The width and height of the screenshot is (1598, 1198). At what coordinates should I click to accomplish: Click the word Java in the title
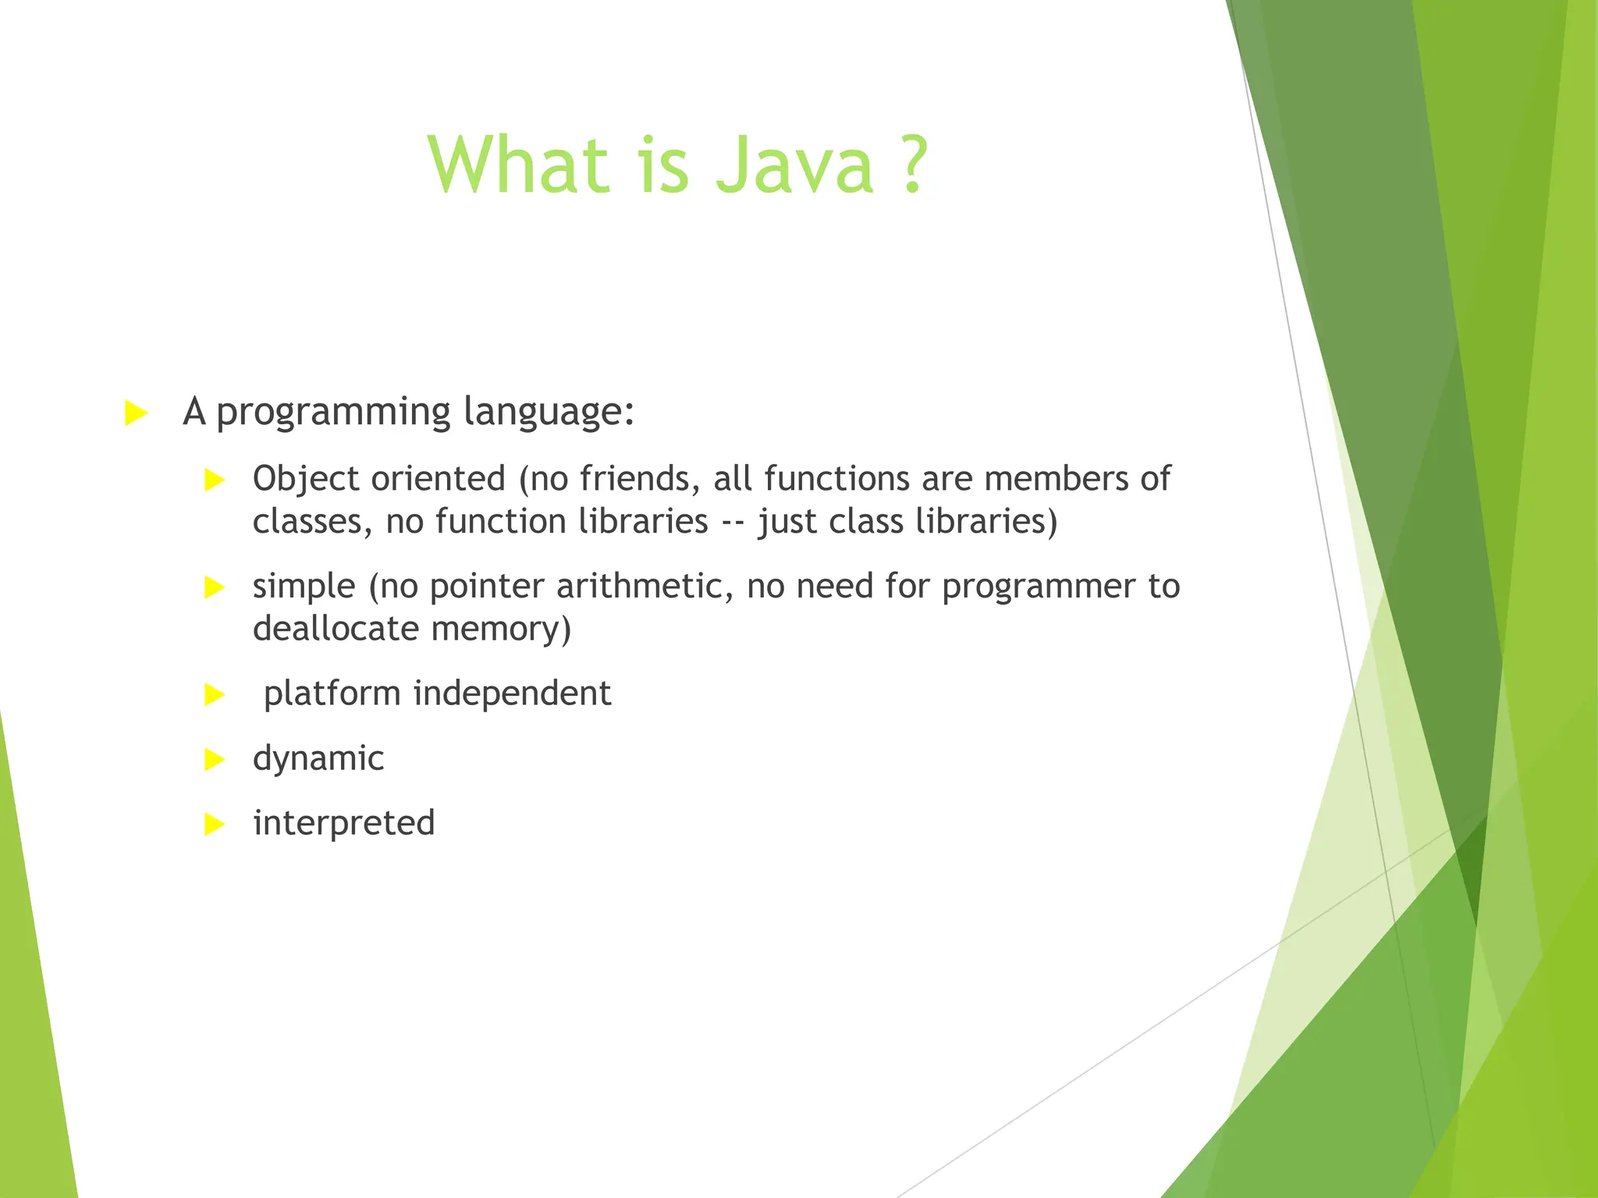coord(794,165)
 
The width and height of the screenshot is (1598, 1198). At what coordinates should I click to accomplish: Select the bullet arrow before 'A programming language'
coord(136,413)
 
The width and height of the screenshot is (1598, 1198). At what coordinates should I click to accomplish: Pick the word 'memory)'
coord(501,629)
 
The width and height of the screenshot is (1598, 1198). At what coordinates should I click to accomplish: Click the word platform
coord(332,693)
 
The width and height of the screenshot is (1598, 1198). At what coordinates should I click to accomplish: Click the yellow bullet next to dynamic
coord(214,759)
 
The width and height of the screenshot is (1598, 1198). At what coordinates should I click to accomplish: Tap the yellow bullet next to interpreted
coord(214,824)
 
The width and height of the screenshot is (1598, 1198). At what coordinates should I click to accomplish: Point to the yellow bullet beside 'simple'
coord(214,587)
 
